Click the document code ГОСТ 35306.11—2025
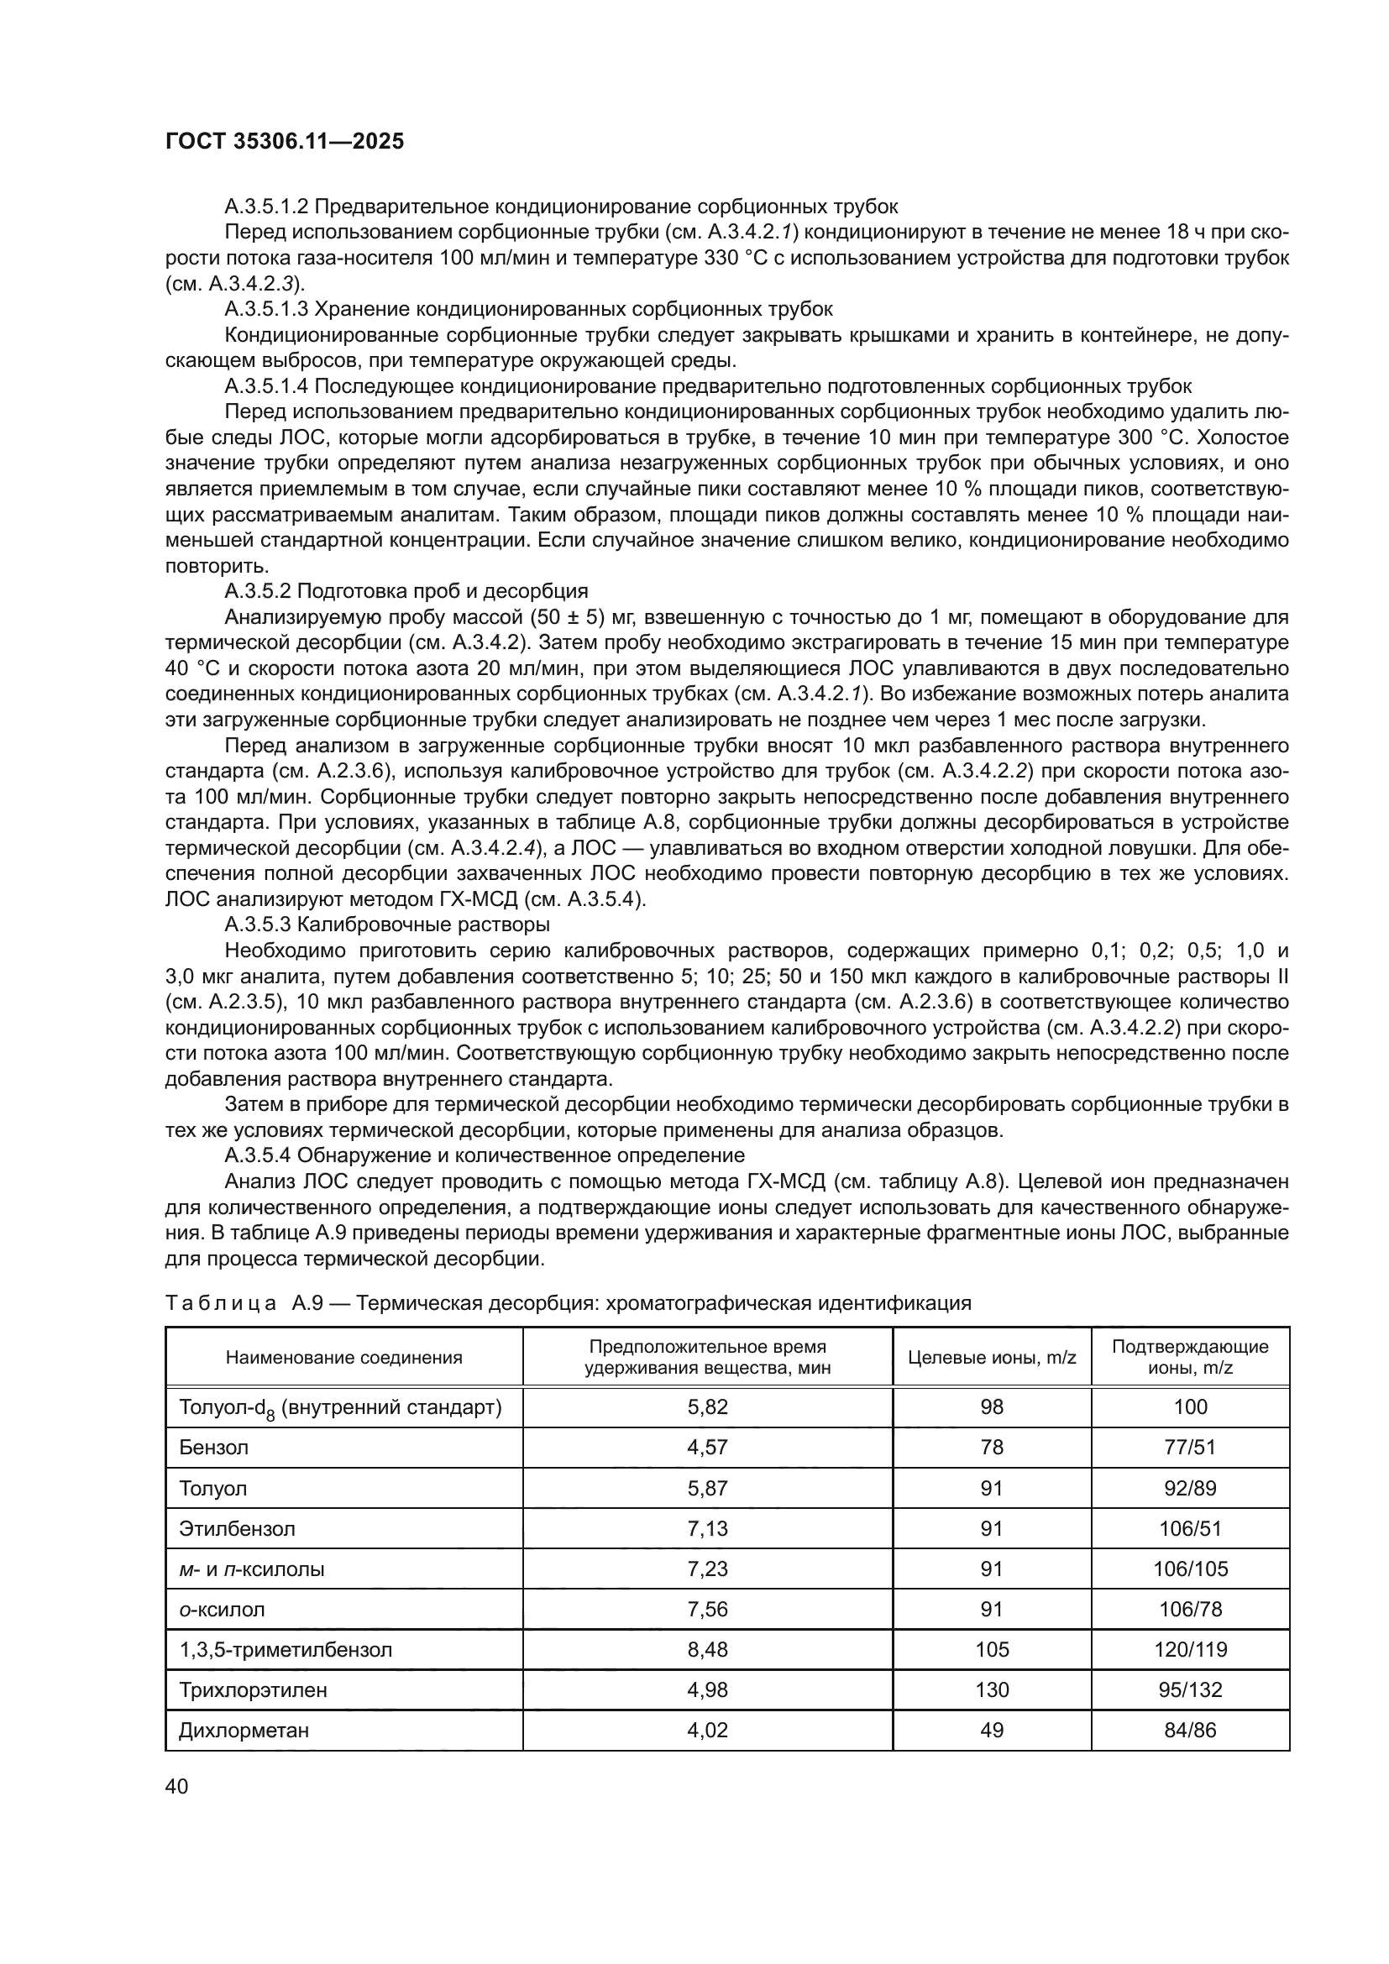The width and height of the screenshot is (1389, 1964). pos(284,142)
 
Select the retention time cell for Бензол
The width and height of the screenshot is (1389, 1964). pos(707,1448)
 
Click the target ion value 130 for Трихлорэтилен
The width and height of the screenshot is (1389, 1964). pos(991,1690)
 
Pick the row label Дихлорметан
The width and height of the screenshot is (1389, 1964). pos(244,1731)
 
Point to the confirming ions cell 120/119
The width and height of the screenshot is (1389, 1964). pos(1190,1650)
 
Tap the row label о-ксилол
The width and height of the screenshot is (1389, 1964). pos(223,1610)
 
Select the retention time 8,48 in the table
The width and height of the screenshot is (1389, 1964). pos(707,1650)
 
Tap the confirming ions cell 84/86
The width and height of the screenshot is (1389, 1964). pos(1190,1731)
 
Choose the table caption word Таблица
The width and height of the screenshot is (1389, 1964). pos(221,1304)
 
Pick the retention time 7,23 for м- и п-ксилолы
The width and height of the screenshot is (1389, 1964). pos(707,1569)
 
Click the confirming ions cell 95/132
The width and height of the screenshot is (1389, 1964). pos(1190,1690)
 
